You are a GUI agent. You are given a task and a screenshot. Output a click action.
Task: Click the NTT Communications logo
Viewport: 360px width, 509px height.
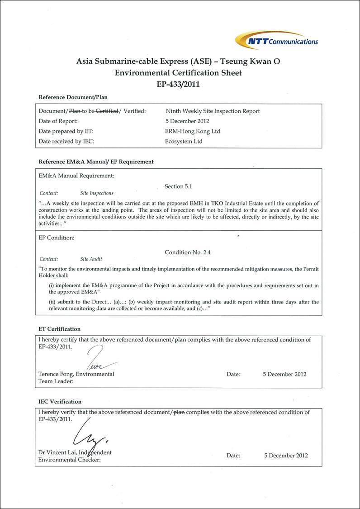coord(277,40)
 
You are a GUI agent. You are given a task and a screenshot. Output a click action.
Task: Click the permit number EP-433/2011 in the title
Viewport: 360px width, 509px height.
coord(178,84)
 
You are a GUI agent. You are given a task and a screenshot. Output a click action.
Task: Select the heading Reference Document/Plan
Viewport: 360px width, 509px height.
coord(73,97)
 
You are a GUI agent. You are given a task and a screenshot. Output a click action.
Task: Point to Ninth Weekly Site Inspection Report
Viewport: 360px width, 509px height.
coord(213,111)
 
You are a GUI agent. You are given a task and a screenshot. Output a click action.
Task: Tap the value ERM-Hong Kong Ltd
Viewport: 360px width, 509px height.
coord(193,131)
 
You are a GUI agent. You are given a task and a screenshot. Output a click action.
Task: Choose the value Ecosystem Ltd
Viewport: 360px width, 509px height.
coord(184,141)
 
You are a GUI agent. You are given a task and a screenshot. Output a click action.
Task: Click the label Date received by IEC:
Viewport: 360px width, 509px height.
coord(66,141)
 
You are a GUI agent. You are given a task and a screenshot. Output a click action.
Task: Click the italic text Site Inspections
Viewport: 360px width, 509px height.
coord(97,193)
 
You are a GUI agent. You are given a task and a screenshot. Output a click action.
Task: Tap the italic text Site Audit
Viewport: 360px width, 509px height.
coord(91,259)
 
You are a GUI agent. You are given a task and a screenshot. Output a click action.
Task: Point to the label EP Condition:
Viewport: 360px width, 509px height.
coord(57,237)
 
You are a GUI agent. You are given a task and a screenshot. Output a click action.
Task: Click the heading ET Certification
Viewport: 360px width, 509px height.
coord(59,329)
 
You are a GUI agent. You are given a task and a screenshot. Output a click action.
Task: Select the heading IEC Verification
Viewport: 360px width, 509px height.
coord(60,401)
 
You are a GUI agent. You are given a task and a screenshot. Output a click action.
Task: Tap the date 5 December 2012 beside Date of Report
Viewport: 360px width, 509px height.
coord(187,121)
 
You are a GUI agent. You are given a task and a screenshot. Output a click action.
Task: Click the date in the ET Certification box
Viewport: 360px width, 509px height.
coord(284,374)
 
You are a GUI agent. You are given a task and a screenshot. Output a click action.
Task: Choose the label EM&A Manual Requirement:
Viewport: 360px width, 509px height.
coord(76,176)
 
